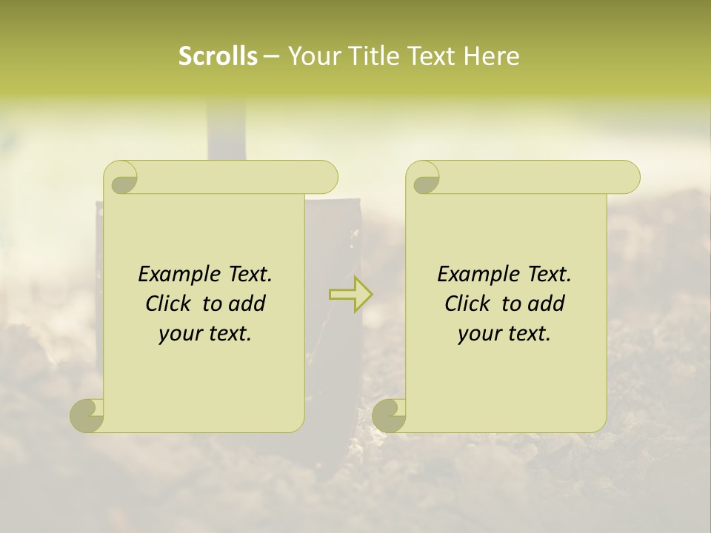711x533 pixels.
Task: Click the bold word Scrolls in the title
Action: click(x=218, y=56)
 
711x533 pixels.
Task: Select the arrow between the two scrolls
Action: click(x=350, y=294)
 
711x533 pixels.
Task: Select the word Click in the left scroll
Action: click(x=171, y=304)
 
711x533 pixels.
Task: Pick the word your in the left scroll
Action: click(x=179, y=334)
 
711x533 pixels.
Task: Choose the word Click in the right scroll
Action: click(x=467, y=304)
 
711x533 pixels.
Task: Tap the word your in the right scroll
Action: click(x=478, y=334)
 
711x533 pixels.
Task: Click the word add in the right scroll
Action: click(x=547, y=304)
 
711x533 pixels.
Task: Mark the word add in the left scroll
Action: click(x=248, y=304)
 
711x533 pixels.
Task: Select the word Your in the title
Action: click(x=312, y=56)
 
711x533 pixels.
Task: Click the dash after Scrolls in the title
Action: click(x=271, y=56)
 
